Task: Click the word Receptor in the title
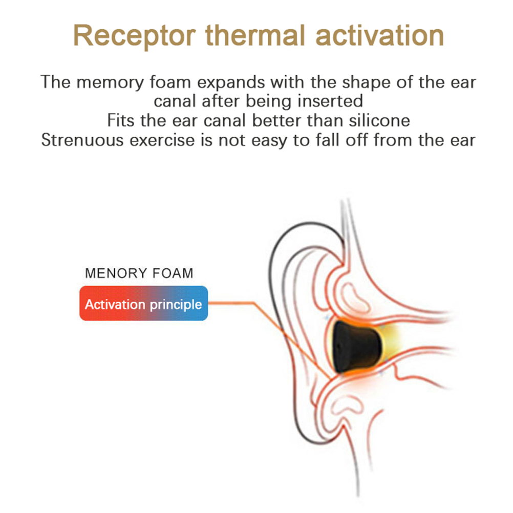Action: click(135, 36)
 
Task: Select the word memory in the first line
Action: click(110, 82)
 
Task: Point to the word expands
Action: click(231, 83)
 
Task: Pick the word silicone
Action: click(379, 120)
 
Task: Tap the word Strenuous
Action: click(82, 140)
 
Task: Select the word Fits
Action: click(121, 120)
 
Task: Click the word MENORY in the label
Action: click(116, 273)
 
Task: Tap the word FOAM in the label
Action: click(173, 273)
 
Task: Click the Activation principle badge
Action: click(144, 303)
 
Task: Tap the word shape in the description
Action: click(366, 83)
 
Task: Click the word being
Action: click(269, 101)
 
